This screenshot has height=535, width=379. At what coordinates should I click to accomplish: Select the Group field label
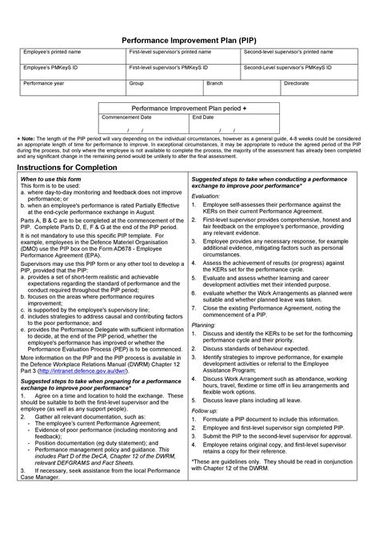click(x=137, y=83)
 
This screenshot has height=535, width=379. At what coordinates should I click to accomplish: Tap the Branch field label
click(x=214, y=83)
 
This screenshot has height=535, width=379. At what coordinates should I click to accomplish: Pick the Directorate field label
click(x=297, y=83)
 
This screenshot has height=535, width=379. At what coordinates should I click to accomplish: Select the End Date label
click(x=202, y=117)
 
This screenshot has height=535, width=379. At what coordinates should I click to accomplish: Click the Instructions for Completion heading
click(x=72, y=171)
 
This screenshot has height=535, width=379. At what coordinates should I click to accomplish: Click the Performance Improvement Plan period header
click(x=188, y=107)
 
